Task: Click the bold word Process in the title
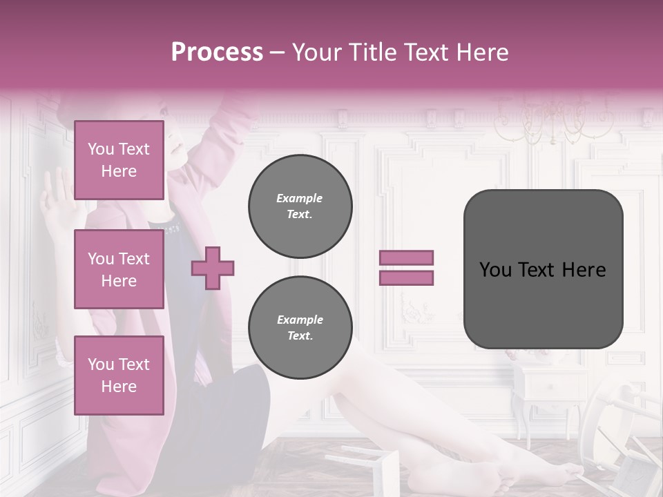point(217,52)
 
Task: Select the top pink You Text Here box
point(119,160)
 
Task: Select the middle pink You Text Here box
point(119,269)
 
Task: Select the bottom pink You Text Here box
point(119,375)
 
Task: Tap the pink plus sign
point(213,269)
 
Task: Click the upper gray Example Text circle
point(300,206)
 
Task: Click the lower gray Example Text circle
point(300,327)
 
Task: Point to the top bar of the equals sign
point(407,257)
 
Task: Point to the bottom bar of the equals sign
point(407,277)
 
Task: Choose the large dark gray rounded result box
point(543,269)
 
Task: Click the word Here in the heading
point(481,52)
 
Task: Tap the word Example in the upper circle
point(300,198)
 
